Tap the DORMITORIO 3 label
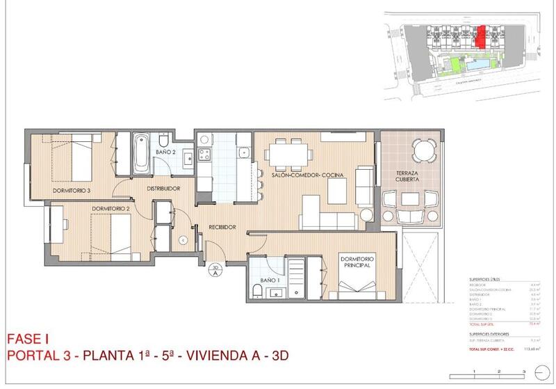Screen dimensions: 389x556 (x=72, y=189)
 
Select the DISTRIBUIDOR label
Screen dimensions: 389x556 (x=164, y=188)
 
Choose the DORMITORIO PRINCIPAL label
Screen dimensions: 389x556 (x=357, y=262)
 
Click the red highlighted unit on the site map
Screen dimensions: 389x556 (x=480, y=35)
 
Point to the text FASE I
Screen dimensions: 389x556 (x=26, y=340)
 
